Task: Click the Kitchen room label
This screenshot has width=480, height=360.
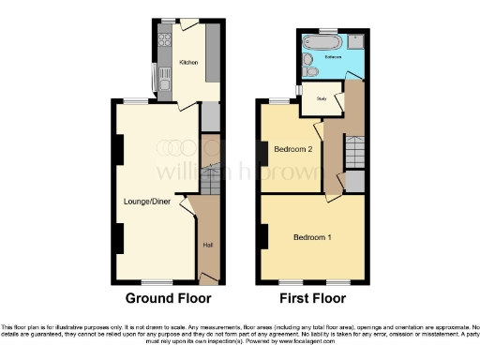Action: pos(188,63)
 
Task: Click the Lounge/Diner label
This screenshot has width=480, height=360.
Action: pos(146,200)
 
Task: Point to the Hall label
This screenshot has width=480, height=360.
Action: pos(207,246)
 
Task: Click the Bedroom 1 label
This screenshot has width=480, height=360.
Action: pos(311,236)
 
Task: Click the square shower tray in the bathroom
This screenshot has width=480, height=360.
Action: pos(357,41)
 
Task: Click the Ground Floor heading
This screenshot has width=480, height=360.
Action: pos(168,299)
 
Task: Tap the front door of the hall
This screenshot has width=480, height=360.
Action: pos(211,278)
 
